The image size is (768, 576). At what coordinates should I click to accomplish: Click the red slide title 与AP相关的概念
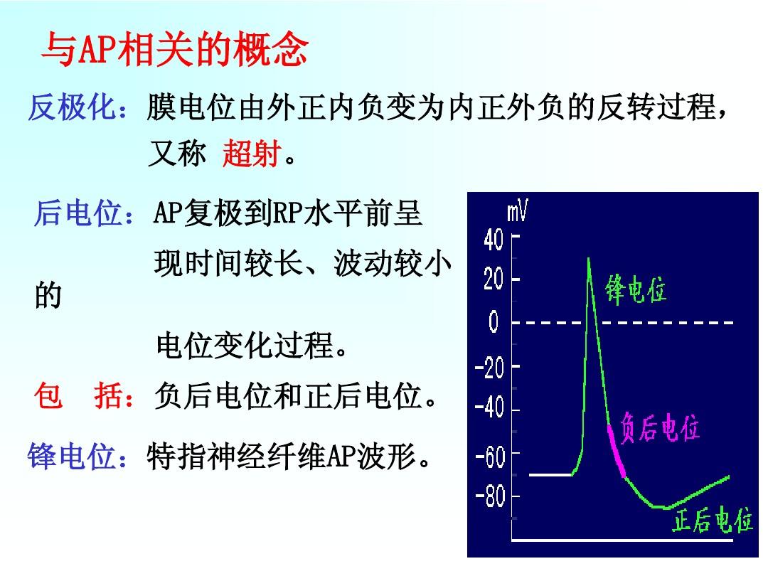coord(175,49)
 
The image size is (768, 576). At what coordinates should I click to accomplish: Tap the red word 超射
coord(252,153)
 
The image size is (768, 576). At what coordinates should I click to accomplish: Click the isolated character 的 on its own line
coord(48,295)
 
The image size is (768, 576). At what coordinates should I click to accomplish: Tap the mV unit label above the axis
coord(517,211)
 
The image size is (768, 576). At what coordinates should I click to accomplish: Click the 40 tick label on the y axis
coord(494,240)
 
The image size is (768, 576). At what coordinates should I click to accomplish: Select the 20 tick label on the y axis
coord(494,279)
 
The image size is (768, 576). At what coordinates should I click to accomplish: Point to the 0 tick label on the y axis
coord(494,322)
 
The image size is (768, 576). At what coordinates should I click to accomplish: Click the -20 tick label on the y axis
coord(489,367)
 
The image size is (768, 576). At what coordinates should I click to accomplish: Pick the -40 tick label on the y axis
coord(489,407)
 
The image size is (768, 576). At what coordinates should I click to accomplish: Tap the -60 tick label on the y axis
coord(490,457)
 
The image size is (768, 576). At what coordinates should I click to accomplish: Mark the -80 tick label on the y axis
coord(490,496)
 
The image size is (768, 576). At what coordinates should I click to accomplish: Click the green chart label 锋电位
coord(635,289)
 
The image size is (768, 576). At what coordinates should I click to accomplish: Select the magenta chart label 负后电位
coord(660,427)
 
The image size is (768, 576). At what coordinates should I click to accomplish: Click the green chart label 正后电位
coord(713,519)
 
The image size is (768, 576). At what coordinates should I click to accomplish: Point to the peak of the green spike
coord(588,257)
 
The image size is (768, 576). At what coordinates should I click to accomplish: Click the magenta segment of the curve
coord(616,451)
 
